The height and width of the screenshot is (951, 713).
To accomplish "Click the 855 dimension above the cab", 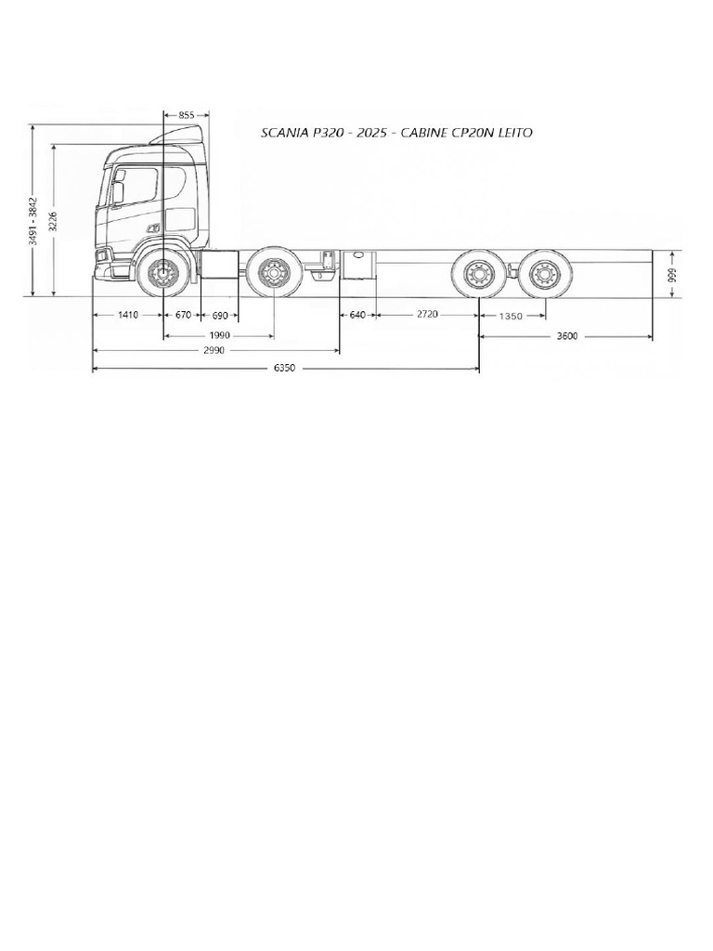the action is tap(187, 114).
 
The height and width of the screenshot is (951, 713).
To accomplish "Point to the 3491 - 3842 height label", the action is tap(34, 221).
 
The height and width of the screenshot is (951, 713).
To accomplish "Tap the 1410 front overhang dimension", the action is tap(128, 315).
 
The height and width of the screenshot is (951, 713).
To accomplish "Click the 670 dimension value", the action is tap(183, 315).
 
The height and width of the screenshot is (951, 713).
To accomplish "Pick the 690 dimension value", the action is tap(220, 316).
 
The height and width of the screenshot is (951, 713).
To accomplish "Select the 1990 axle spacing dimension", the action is tap(219, 334).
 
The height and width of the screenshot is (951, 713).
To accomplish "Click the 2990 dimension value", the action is tap(214, 350).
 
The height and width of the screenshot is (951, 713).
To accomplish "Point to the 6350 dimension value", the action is tap(284, 368).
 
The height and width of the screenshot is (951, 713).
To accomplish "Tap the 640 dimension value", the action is tap(358, 315).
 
